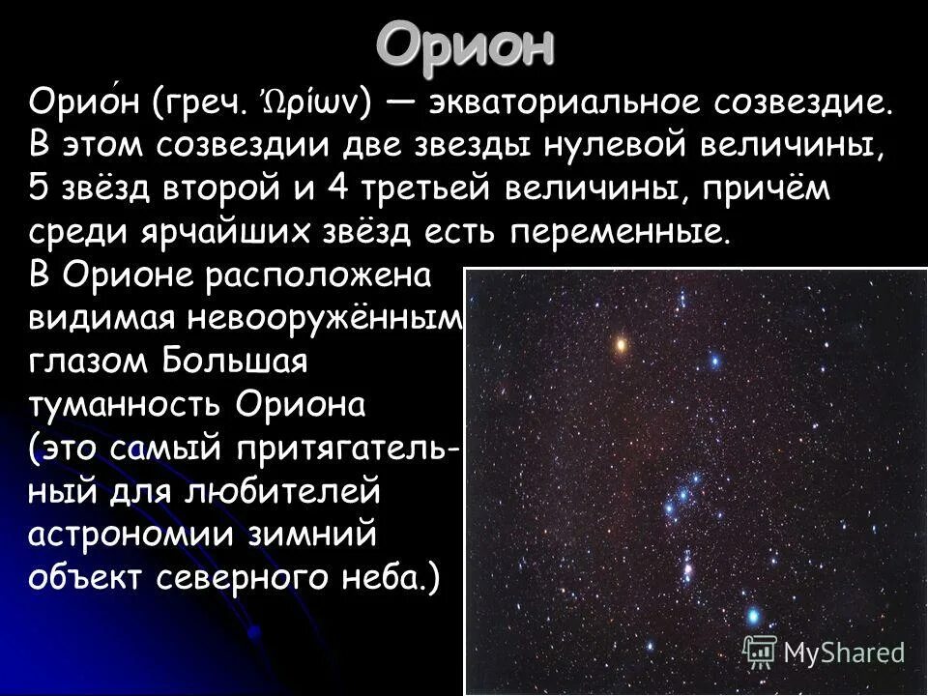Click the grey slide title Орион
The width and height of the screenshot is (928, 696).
click(x=465, y=43)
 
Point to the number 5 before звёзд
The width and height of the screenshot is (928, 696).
click(x=39, y=190)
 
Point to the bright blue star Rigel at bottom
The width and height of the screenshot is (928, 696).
click(x=753, y=616)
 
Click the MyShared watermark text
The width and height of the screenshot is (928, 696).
click(x=843, y=652)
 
